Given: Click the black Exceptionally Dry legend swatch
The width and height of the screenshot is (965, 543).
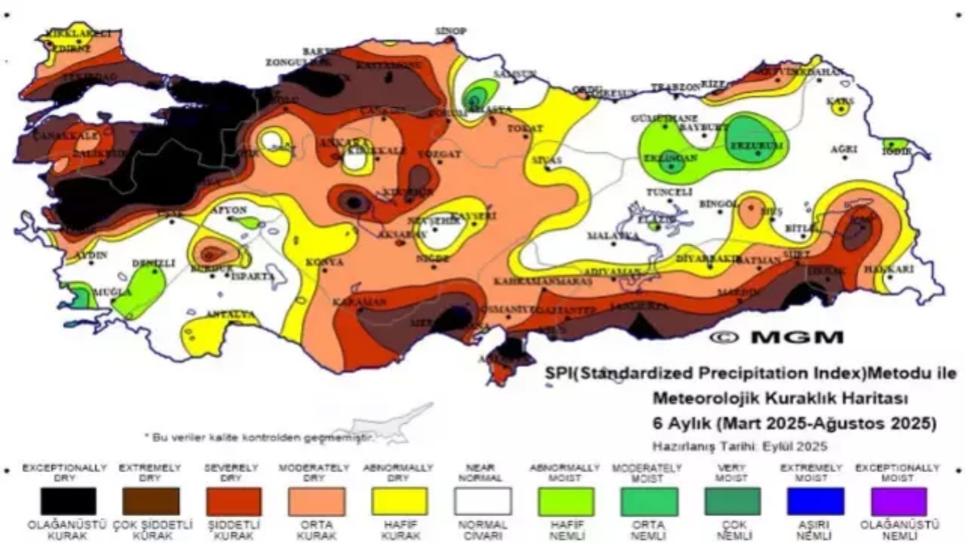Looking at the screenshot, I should [69, 501].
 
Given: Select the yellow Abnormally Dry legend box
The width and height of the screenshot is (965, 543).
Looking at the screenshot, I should [399, 501].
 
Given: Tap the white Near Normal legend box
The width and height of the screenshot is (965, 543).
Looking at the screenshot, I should [482, 501].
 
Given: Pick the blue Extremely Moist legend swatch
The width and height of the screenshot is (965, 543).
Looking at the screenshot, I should [815, 501].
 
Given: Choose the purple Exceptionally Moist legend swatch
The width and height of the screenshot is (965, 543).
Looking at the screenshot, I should [898, 501].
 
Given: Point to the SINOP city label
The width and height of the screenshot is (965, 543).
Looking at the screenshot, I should [451, 31].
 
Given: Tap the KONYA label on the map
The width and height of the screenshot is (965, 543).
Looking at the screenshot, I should [324, 262].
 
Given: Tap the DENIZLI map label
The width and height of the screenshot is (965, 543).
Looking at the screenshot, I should [153, 263].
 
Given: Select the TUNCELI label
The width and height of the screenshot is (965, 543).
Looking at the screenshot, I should [670, 192].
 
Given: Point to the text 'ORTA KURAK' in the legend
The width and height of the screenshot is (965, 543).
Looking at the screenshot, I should [316, 529].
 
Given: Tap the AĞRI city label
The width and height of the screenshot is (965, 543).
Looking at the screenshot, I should [844, 149].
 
